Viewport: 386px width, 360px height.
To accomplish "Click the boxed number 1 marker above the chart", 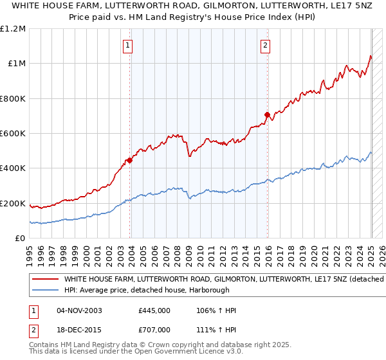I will (x=129, y=45).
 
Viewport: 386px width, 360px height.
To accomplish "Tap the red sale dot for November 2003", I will (x=130, y=161).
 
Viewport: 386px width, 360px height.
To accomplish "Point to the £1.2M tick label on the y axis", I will (x=13, y=29).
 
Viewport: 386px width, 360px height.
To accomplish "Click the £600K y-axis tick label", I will (x=13, y=134).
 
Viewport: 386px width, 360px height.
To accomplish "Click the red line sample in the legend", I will (x=45, y=280).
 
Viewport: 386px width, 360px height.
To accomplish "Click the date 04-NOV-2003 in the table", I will (x=80, y=310).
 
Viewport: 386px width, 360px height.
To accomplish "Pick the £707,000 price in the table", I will (x=154, y=329).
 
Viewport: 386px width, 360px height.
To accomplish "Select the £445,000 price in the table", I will (x=154, y=310).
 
